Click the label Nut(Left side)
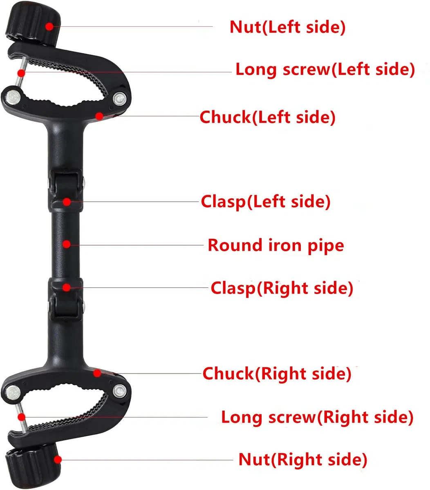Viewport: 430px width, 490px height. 287,27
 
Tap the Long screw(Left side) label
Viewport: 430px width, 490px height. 325,70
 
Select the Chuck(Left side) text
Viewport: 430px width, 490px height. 268,117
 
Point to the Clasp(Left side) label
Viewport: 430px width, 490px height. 266,201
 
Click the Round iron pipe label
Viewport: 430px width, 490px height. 276,245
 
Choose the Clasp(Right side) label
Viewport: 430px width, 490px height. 282,288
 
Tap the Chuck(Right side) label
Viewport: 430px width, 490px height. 277,374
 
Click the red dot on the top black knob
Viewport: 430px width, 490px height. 49,27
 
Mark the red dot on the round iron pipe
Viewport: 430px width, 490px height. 67,244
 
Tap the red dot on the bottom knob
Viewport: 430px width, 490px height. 58,460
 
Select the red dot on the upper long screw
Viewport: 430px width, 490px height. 21,73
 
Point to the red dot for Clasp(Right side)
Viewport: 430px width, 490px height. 66,287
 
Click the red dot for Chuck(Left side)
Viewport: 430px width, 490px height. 99,116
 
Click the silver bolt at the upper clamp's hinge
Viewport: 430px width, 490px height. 119,98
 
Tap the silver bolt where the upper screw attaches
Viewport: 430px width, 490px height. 13,98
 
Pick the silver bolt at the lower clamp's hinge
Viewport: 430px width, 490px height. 120,391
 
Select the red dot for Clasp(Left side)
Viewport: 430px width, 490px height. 67,202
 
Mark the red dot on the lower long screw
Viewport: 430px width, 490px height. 22,417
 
